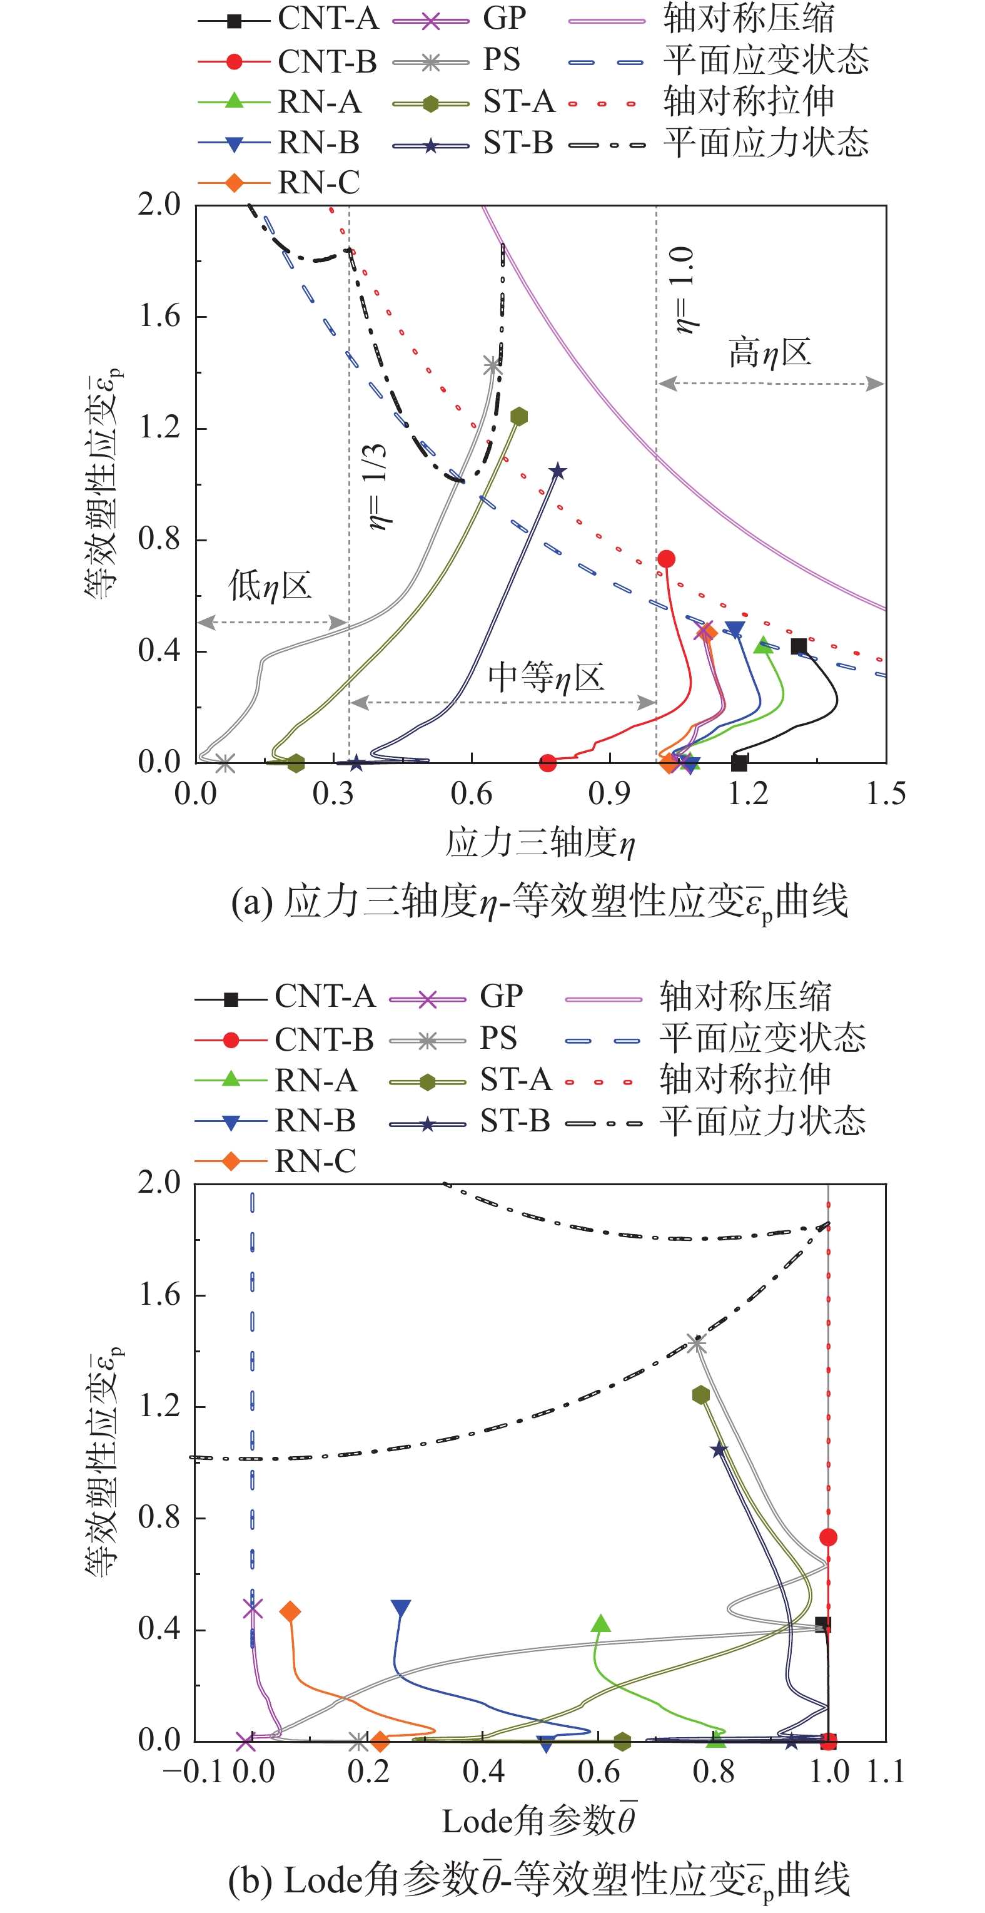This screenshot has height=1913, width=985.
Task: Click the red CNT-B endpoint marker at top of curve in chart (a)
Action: pyautogui.click(x=666, y=558)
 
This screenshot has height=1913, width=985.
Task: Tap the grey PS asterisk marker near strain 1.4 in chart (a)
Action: pyautogui.click(x=492, y=365)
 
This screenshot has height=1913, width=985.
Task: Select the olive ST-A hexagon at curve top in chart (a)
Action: pyautogui.click(x=519, y=416)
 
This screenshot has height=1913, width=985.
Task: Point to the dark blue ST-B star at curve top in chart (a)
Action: pyautogui.click(x=557, y=471)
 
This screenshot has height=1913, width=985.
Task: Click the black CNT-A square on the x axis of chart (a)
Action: pyautogui.click(x=739, y=762)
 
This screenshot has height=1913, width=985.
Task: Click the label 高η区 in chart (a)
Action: pyautogui.click(x=769, y=352)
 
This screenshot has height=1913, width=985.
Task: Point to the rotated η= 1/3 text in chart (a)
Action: pyautogui.click(x=378, y=486)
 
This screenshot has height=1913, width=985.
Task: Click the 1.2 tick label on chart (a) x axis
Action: pyautogui.click(x=747, y=794)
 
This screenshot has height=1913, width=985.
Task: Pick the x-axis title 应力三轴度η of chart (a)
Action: pyautogui.click(x=540, y=843)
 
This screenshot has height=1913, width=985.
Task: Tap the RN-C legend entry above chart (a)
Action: pyautogui.click(x=318, y=183)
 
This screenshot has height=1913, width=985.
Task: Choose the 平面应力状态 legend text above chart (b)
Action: pyautogui.click(x=762, y=1121)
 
